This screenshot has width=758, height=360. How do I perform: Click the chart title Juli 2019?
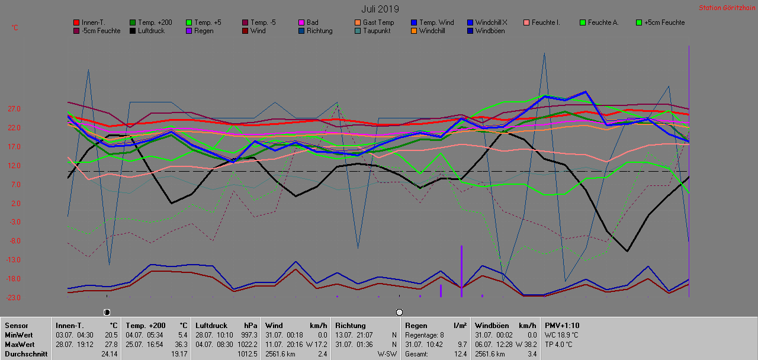[380, 9]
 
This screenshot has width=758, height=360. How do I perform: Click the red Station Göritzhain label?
[726, 8]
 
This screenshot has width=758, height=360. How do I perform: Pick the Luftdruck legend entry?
[151, 31]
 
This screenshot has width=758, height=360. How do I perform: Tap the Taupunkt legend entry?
[376, 31]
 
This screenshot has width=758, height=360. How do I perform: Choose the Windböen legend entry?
[489, 31]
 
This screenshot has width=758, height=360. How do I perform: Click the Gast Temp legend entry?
[378, 22]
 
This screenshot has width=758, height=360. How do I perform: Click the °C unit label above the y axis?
[15, 28]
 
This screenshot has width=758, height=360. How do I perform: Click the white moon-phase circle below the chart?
[399, 312]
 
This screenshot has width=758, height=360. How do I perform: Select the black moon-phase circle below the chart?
[107, 312]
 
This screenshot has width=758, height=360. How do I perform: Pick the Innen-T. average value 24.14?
[109, 354]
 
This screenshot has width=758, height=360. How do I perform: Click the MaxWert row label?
[20, 345]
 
